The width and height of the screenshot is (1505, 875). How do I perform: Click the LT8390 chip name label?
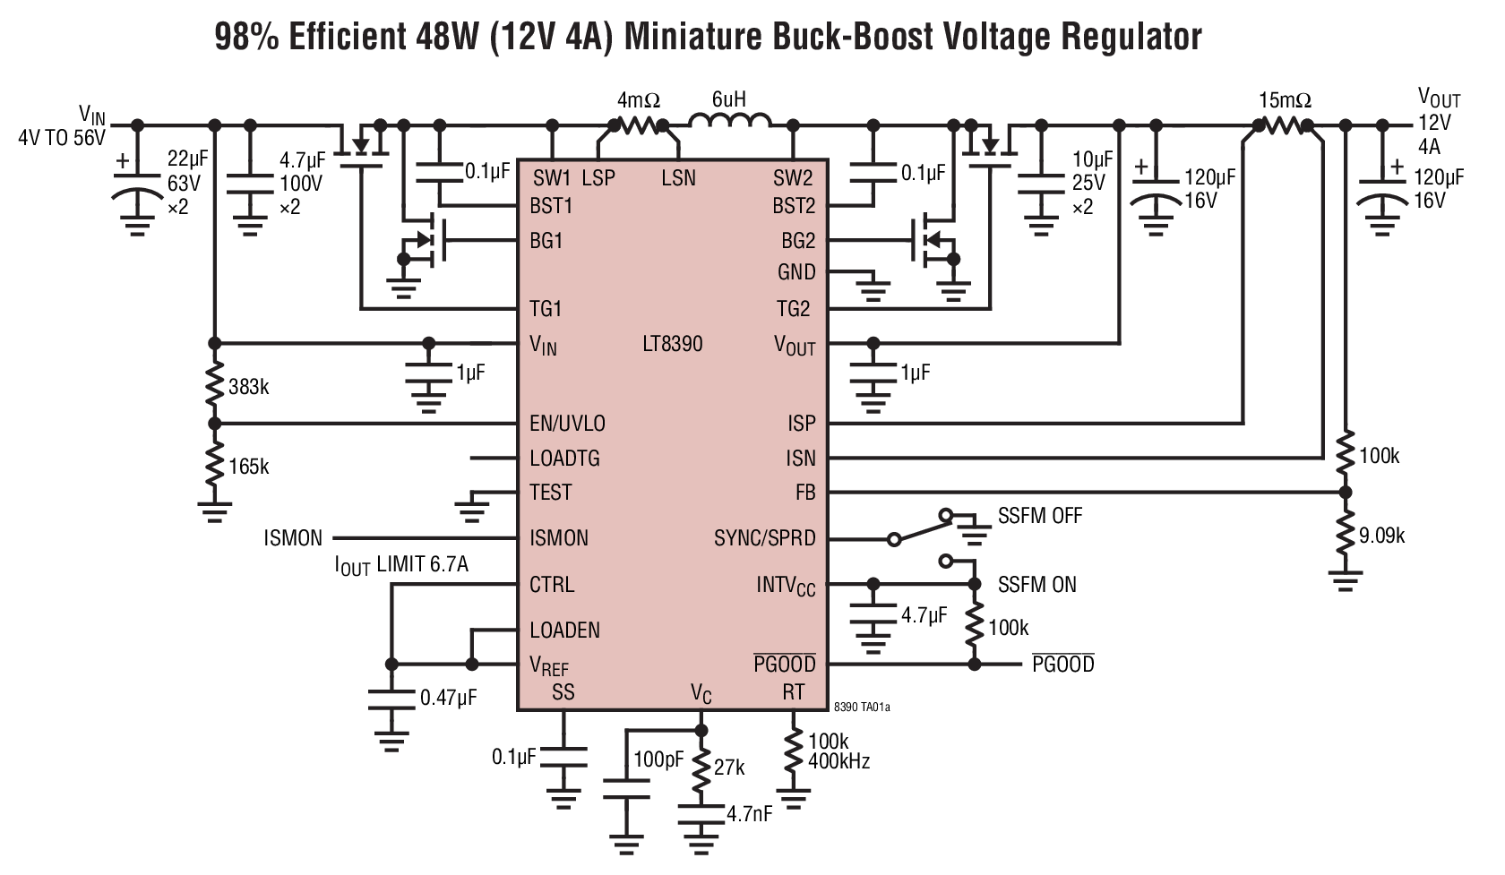point(672,344)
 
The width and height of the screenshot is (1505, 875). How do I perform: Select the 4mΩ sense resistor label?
point(638,99)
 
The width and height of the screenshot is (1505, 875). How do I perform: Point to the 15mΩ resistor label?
point(1285,99)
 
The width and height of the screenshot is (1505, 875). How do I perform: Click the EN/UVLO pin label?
point(567,424)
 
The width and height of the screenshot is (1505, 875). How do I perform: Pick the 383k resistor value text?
point(249,387)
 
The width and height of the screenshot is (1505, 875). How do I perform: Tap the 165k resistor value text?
point(249,467)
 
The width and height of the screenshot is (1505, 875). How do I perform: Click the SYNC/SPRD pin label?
point(764,539)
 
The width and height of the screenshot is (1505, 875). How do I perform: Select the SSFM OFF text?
point(1039,517)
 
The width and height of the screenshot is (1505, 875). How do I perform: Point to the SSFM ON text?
point(1036,585)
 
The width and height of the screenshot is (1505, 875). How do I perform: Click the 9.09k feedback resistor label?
point(1381,536)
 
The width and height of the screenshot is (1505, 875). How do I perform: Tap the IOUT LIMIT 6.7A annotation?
point(401,565)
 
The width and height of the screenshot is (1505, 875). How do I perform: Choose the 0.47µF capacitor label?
point(448,697)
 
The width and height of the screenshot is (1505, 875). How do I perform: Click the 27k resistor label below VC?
point(728,768)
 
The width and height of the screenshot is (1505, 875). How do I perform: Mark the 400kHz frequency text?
point(838,762)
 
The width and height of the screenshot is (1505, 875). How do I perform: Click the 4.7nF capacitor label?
point(749,815)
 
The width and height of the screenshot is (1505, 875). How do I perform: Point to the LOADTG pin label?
point(564,459)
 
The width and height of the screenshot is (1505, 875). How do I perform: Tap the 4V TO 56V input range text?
point(61,138)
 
